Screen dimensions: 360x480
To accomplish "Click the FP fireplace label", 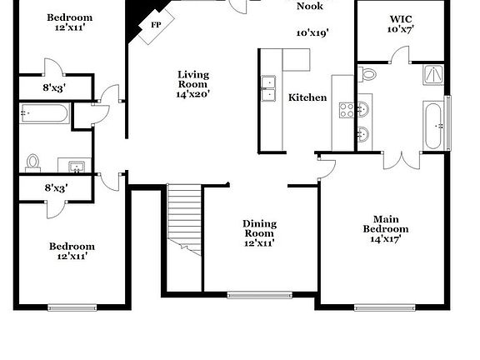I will pos(156,25).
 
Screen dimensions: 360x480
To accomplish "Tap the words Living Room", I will pos(192,79).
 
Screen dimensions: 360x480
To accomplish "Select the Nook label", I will pos(311,6).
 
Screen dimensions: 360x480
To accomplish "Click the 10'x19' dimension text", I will pos(312,33).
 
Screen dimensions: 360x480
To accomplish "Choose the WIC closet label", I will pos(401,18).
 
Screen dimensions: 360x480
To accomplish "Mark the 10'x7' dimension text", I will pos(401,29).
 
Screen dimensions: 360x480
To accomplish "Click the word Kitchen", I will pos(307,97).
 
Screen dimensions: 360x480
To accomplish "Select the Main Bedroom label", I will pos(385,223).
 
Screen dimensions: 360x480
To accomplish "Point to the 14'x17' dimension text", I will pos(385,239).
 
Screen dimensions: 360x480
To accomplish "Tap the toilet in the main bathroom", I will pos(368,73).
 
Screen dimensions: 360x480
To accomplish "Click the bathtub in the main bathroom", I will pos(433,125).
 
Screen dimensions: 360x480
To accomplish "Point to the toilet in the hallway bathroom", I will pos(34,162).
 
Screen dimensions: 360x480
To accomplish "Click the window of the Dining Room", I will pos(259,294).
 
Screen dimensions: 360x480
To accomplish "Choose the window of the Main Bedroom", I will pos(385,307).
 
